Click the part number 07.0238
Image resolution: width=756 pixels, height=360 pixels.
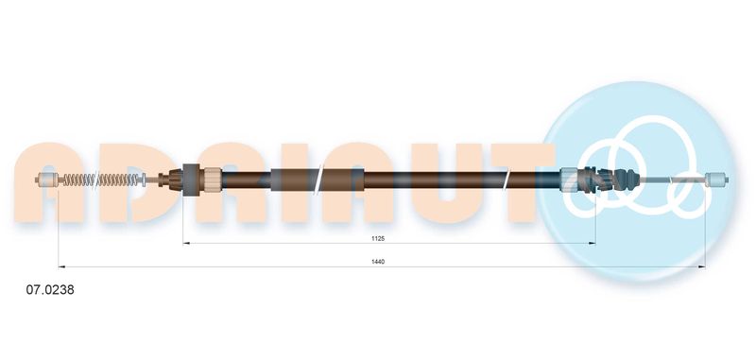50,290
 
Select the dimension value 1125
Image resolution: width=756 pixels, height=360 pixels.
377,238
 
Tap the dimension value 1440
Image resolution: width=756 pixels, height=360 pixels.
378,262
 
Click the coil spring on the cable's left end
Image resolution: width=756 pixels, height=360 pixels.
101,180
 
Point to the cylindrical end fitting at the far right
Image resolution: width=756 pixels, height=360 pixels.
716,180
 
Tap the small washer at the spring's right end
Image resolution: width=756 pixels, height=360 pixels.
143,180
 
